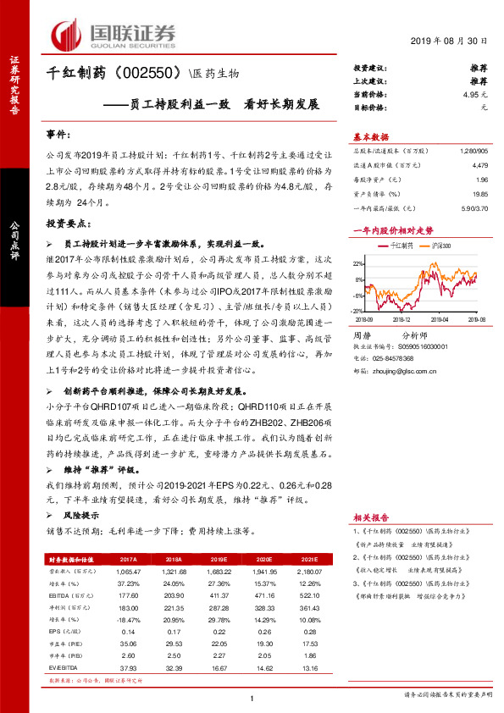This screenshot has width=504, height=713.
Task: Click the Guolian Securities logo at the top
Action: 114,35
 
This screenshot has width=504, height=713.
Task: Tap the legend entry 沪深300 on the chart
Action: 440,246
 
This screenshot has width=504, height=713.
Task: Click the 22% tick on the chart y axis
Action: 360,263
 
